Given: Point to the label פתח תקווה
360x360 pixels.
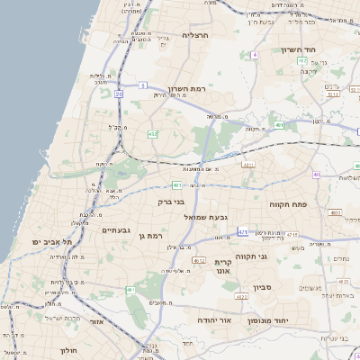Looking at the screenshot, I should [x=288, y=205].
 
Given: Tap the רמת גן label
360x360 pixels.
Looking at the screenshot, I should [x=157, y=236].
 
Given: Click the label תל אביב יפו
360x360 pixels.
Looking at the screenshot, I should [x=51, y=242].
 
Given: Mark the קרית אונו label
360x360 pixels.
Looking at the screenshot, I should [x=223, y=265].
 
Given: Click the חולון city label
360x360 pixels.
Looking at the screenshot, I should [x=70, y=349].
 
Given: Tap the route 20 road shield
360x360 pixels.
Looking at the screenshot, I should [x=119, y=93].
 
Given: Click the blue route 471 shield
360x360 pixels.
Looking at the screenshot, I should [x=243, y=231].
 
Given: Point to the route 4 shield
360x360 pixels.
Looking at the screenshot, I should [x=255, y=55].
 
